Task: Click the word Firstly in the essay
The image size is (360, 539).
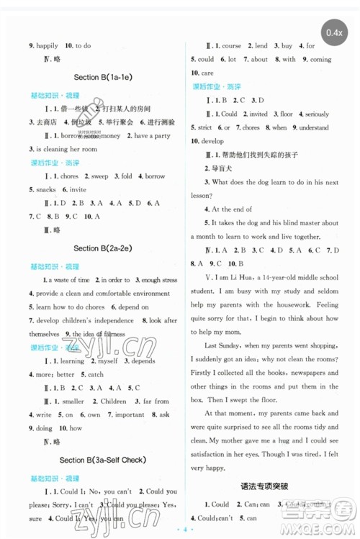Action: pos(206,373)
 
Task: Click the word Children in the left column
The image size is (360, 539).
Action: pos(113,402)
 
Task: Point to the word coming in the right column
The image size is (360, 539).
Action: pos(320,59)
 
